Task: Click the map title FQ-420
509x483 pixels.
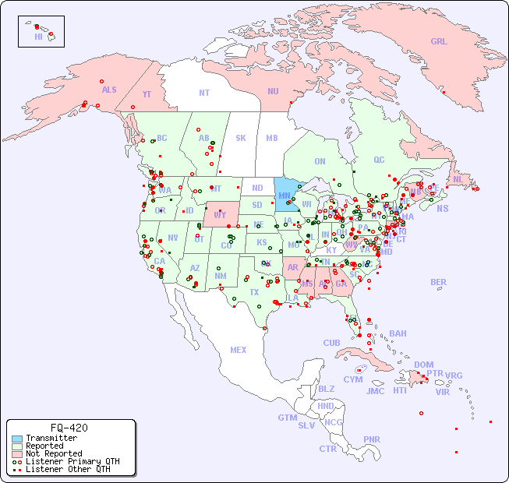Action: coord(69,428)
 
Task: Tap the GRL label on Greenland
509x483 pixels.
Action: coord(439,41)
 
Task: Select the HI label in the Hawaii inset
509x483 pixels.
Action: coord(38,37)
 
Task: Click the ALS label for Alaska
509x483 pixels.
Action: coord(109,90)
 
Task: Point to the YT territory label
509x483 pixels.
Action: coord(147,93)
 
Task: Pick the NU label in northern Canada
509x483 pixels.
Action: coord(273,91)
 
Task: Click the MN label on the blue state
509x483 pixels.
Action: coord(284,196)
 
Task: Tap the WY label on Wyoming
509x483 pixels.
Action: coord(220,214)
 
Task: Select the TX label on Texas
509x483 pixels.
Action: coord(253,292)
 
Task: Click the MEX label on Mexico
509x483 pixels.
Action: coord(239,350)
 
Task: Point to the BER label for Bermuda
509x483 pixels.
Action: coord(438,282)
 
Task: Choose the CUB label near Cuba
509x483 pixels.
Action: coord(331,343)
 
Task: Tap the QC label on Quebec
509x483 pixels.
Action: coord(379,160)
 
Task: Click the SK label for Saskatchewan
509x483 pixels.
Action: coord(241,138)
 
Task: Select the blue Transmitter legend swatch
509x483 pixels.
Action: coord(16,439)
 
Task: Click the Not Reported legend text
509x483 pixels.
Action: coord(54,453)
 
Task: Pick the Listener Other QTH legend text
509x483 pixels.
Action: coord(68,469)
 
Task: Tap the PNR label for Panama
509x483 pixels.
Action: coord(372,439)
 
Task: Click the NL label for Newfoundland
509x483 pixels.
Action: coord(458,178)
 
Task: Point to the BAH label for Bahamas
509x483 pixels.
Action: coord(398,333)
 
